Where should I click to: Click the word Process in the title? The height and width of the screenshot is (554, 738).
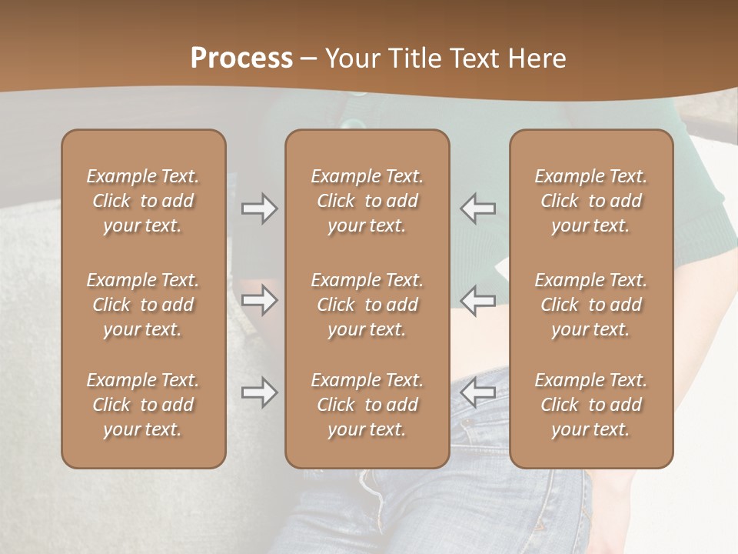coord(241,58)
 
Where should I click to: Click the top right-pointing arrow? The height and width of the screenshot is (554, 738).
coord(259,209)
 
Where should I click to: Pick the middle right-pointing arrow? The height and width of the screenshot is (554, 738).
coord(259,301)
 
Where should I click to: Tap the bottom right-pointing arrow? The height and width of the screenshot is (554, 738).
coord(259,392)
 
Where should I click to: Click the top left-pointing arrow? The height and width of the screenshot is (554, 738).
coord(478,209)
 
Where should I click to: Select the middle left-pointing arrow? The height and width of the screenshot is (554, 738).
coord(478,301)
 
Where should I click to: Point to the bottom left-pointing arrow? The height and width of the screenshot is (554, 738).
coord(478,392)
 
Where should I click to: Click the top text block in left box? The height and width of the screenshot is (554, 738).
coord(143,201)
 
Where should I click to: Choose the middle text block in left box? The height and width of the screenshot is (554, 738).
coord(143,305)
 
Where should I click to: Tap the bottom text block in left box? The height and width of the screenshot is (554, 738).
coord(143,405)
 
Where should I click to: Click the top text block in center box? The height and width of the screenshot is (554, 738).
coord(367,201)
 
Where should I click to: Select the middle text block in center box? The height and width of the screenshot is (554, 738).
coord(367,305)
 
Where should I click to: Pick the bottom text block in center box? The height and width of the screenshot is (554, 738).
coord(367,405)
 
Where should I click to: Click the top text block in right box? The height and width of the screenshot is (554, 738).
coord(591,201)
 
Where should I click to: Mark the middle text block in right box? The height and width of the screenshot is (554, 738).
coord(591,305)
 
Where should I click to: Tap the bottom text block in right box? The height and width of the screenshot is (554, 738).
coord(591,405)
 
